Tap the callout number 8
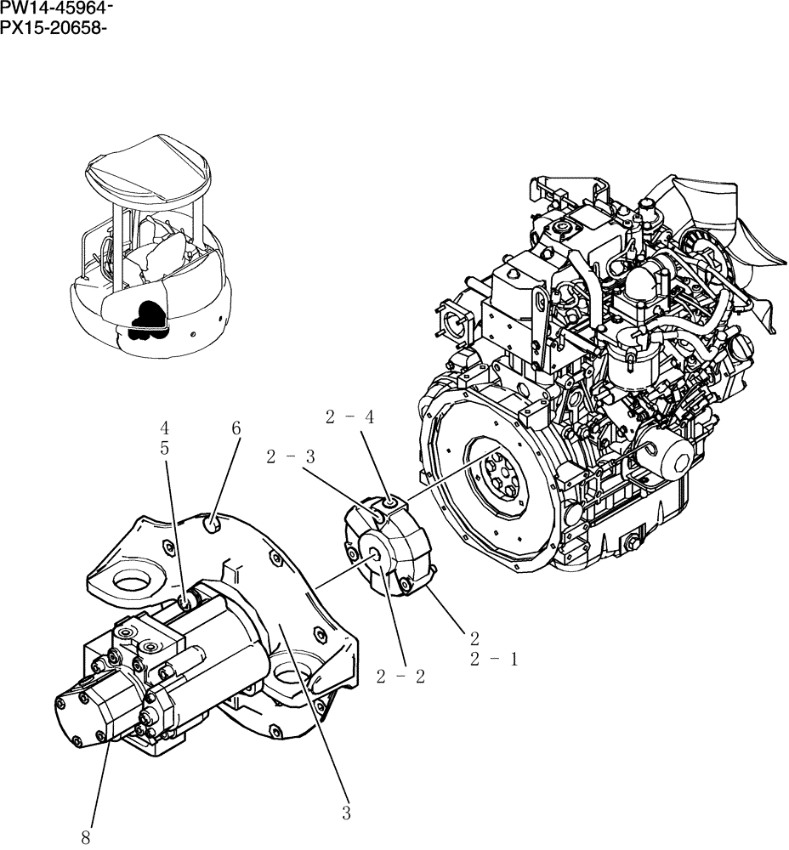[85, 837]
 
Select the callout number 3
[346, 813]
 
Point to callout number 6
[236, 429]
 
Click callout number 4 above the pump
[165, 428]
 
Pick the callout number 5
[165, 448]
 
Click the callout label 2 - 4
[349, 416]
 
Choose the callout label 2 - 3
[291, 457]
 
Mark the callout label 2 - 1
[493, 659]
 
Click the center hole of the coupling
[375, 553]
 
